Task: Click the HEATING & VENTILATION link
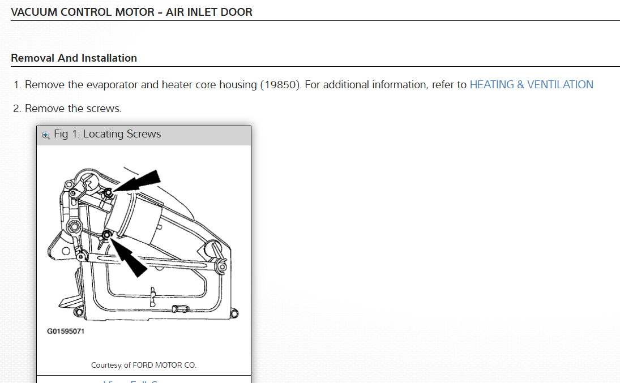(x=531, y=85)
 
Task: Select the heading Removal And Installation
(x=74, y=58)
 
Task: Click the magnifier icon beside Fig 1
(x=46, y=135)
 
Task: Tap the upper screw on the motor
(x=108, y=192)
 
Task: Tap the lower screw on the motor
(x=106, y=234)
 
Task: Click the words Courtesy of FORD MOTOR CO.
(x=144, y=365)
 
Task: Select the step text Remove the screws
(x=73, y=108)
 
